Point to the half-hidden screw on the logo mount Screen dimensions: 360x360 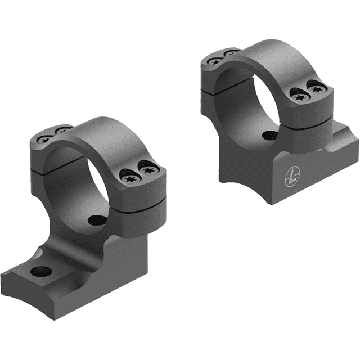(231, 53)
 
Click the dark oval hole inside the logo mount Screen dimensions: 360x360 (269, 135)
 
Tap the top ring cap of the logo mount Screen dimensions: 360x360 (264, 53)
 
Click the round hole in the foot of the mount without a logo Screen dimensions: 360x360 (41, 272)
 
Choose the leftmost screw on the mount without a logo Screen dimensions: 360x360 (44, 138)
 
